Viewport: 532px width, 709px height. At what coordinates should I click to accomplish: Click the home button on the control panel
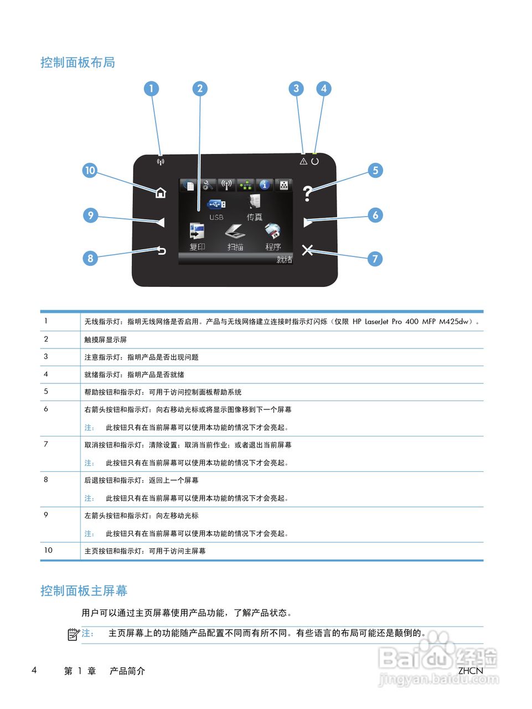(x=161, y=193)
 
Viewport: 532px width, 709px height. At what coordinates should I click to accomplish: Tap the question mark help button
(x=308, y=193)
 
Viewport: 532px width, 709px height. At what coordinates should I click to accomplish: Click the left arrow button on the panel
(x=161, y=222)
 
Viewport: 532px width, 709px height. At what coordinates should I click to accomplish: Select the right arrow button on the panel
(x=308, y=222)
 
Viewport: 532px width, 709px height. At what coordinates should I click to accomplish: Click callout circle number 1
(x=151, y=89)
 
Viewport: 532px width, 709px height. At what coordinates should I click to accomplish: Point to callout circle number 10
(x=90, y=171)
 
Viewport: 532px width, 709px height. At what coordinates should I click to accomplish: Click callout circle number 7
(x=375, y=259)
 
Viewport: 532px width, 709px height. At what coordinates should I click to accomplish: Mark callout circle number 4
(x=324, y=89)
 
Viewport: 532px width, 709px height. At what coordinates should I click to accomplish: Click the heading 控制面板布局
(x=78, y=63)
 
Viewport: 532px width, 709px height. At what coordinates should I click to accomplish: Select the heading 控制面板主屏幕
(x=84, y=591)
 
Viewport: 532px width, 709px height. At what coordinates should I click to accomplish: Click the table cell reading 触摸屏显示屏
(x=105, y=340)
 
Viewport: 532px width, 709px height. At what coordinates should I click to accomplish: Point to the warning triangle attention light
(x=303, y=161)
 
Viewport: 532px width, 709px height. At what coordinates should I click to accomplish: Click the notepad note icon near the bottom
(x=73, y=634)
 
